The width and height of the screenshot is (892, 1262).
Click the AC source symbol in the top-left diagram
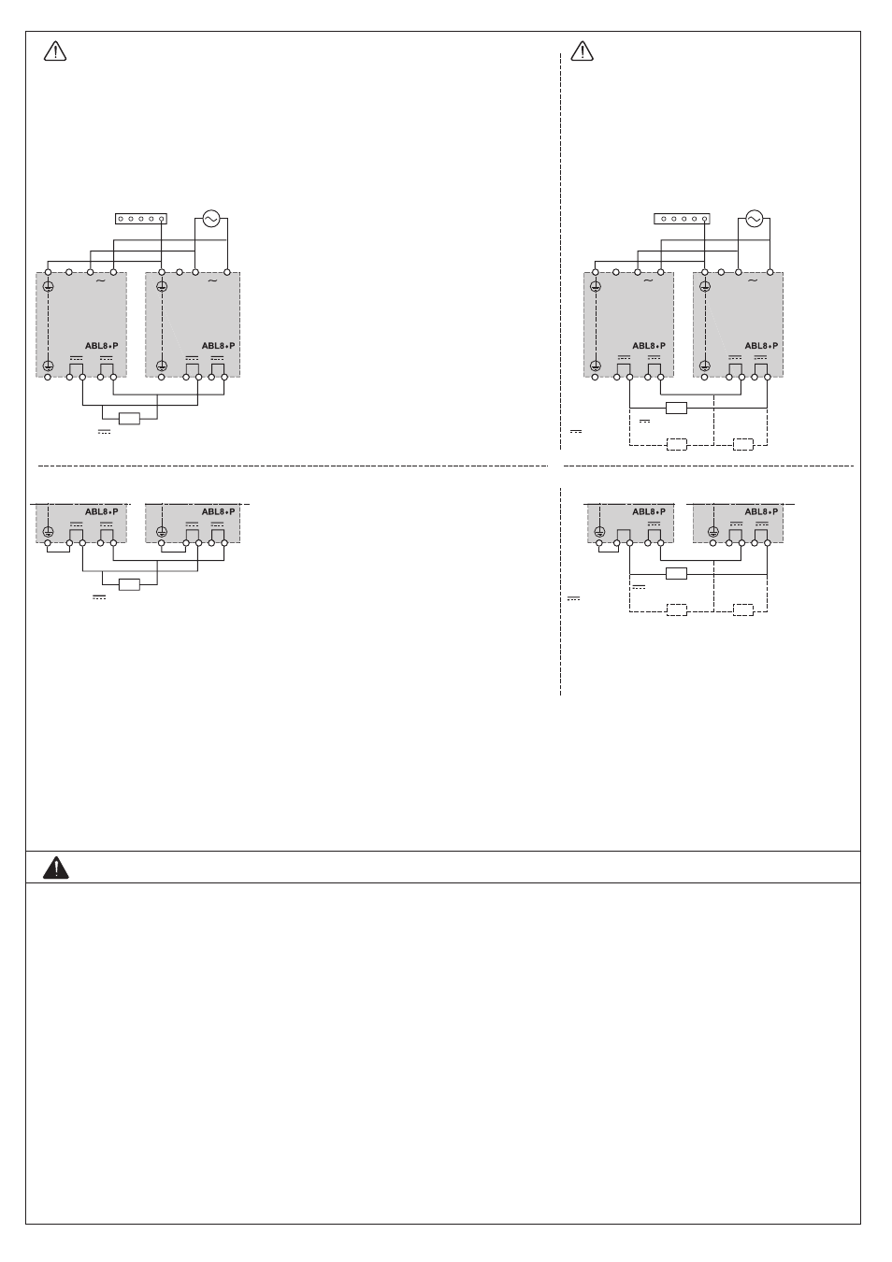click(x=211, y=219)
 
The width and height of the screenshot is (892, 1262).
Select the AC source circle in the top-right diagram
click(x=754, y=219)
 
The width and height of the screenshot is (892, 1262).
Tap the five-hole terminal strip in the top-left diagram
click(x=141, y=219)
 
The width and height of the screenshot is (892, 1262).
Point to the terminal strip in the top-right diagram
click(x=682, y=219)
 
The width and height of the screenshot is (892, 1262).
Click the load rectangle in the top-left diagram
click(x=130, y=419)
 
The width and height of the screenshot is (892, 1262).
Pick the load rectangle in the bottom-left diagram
click(x=130, y=585)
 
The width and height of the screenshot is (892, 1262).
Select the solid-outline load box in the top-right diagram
click(x=676, y=408)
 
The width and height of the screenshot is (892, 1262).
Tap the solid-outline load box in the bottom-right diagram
click(x=676, y=574)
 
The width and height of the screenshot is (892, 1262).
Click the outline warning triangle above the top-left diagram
click(x=55, y=51)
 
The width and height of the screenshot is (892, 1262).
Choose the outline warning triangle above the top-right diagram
click(x=583, y=51)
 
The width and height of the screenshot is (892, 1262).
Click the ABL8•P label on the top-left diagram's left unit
click(x=101, y=346)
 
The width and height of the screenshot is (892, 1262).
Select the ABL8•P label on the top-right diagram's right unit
click(x=761, y=346)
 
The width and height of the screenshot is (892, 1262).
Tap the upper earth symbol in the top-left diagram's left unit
click(x=48, y=287)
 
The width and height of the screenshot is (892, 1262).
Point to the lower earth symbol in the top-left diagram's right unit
click(x=162, y=366)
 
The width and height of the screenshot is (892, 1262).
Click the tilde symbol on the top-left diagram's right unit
click(x=212, y=280)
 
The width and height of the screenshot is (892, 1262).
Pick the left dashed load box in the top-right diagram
click(x=676, y=445)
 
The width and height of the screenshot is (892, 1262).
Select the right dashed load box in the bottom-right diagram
click(x=743, y=610)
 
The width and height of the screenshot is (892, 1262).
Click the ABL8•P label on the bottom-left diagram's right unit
click(x=218, y=511)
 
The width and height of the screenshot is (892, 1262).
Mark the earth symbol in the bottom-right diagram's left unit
click(x=599, y=531)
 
